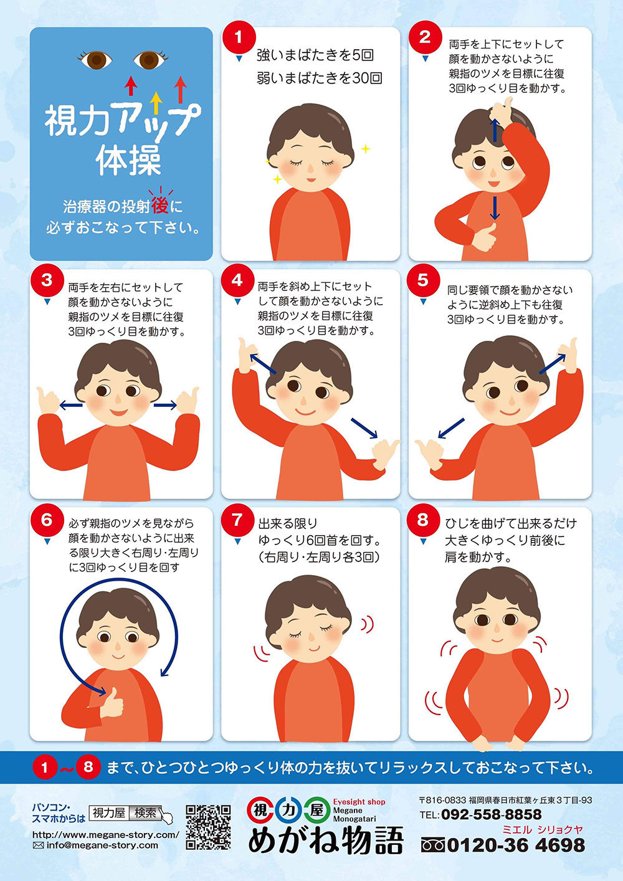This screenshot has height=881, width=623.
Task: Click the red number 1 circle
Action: click(238, 38)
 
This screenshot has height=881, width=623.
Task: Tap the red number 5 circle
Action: click(423, 280)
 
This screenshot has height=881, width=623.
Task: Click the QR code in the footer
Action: click(208, 827)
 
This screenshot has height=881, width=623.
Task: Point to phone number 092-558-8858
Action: click(491, 814)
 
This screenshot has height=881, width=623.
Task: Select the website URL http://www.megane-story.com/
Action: click(105, 834)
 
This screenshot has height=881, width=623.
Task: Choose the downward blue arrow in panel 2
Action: click(495, 208)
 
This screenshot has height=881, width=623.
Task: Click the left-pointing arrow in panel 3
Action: click(71, 406)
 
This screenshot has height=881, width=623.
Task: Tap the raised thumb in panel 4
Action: click(245, 354)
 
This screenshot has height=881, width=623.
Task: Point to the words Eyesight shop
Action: click(359, 802)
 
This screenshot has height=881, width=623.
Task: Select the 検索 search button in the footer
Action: click(146, 813)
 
